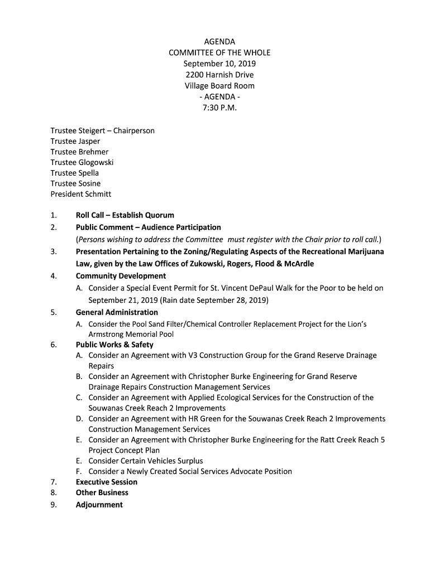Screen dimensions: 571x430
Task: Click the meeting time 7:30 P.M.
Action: pyautogui.click(x=219, y=107)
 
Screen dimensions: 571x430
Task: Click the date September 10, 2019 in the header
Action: pyautogui.click(x=219, y=64)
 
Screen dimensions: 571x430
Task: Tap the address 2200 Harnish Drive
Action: pyautogui.click(x=219, y=75)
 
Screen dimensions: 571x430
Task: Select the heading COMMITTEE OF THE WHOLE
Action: pyautogui.click(x=219, y=52)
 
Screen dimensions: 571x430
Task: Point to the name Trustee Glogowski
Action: pyautogui.click(x=82, y=162)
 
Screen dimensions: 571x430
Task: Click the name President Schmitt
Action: pyautogui.click(x=81, y=194)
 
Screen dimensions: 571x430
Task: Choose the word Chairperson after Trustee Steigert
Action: pyautogui.click(x=134, y=130)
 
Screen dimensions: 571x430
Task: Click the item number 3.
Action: pyautogui.click(x=53, y=251)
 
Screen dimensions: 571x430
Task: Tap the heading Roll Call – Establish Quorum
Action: pyautogui.click(x=125, y=215)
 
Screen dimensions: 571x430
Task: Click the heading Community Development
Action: pyautogui.click(x=121, y=276)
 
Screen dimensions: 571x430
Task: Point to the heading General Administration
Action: pyautogui.click(x=117, y=312)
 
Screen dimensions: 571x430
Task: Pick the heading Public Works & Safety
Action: pyautogui.click(x=114, y=345)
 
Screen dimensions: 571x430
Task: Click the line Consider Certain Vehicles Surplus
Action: pyautogui.click(x=146, y=461)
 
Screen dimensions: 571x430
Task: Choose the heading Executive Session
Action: pyautogui.click(x=106, y=482)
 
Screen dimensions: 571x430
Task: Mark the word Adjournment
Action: pyautogui.click(x=99, y=505)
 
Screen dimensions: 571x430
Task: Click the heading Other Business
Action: pyautogui.click(x=102, y=492)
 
